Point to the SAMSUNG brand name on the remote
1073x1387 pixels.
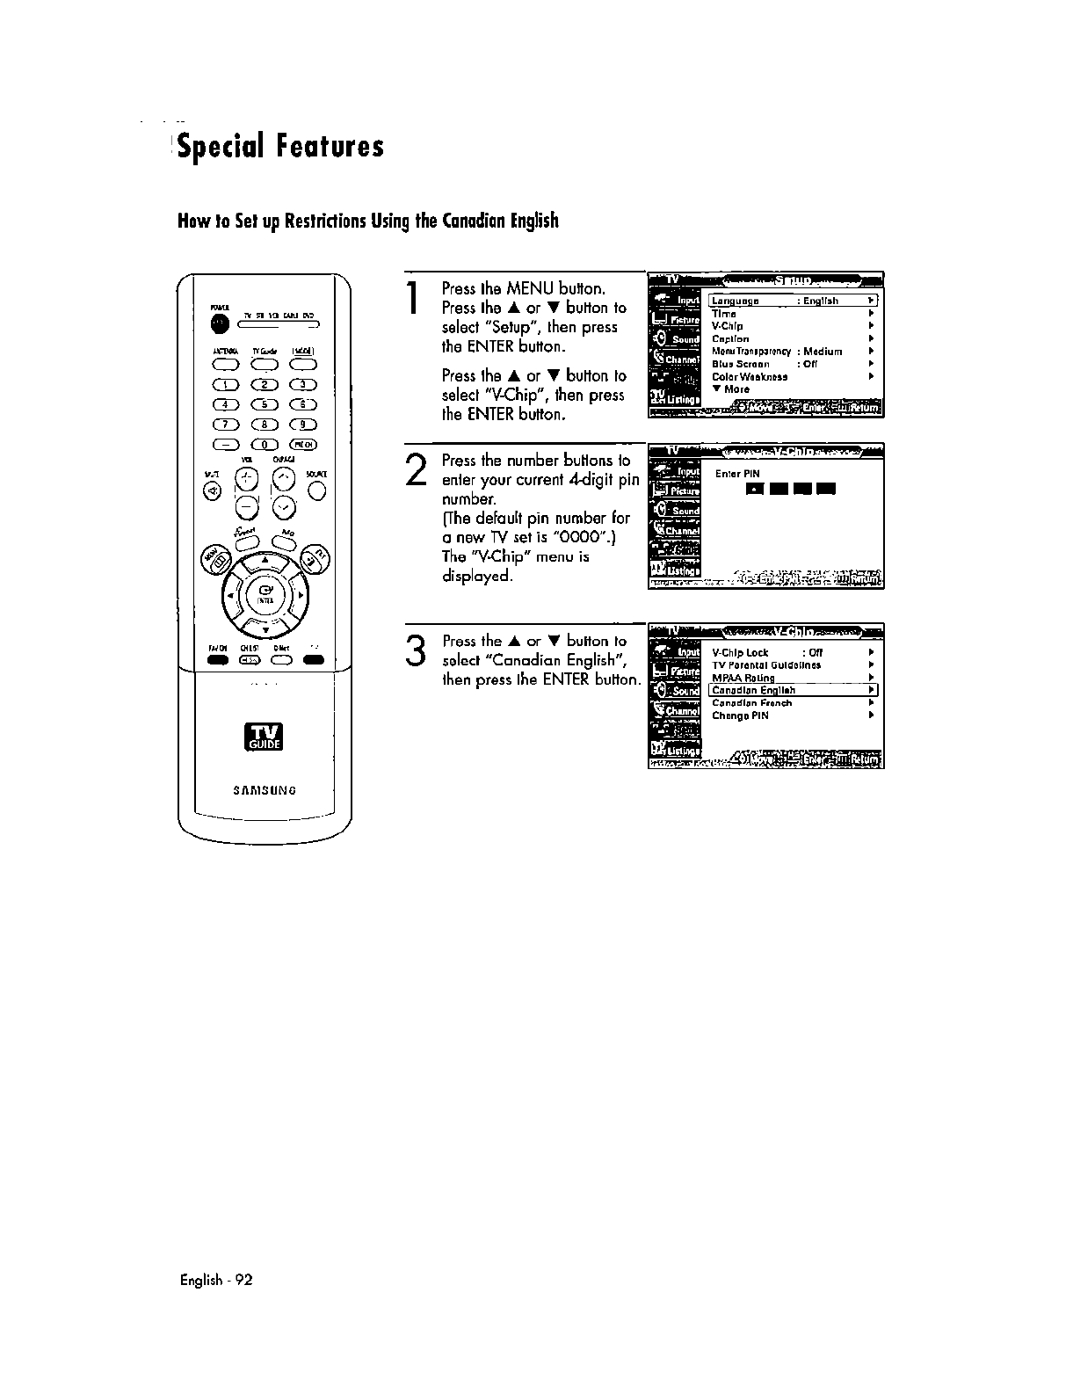265,789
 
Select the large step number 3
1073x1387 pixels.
417,651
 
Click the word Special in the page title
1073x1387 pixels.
221,146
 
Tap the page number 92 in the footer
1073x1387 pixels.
243,1280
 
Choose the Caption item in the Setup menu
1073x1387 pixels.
730,338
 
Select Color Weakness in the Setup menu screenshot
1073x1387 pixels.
749,376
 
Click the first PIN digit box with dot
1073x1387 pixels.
753,490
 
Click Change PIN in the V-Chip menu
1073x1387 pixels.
740,715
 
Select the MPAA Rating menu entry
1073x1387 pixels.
743,678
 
